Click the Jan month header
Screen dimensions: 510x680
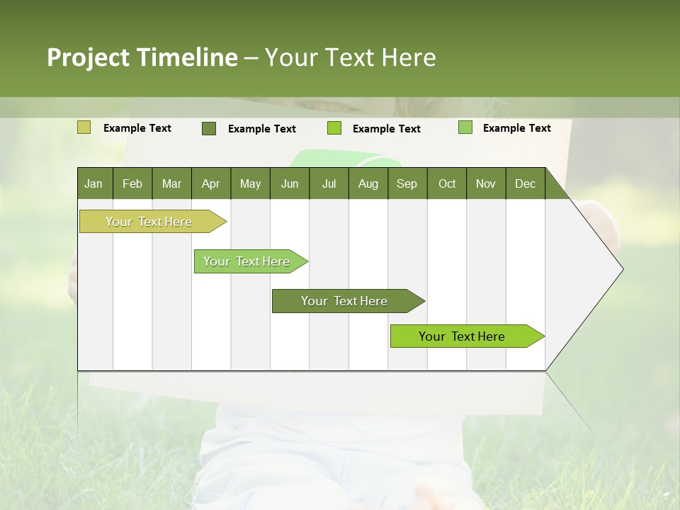pos(94,183)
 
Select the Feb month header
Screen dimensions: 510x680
pos(132,183)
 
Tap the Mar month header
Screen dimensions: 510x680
pos(171,183)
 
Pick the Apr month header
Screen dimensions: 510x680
pos(211,183)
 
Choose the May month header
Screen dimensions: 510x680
pos(250,183)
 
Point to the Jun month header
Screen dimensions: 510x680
pos(290,183)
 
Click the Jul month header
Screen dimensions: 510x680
pos(329,183)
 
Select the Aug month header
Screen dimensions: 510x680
pos(368,183)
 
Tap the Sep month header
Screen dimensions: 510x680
pos(407,183)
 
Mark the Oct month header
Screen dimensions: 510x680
pos(447,183)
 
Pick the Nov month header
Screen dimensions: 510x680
pos(486,183)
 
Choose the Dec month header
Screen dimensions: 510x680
pos(526,183)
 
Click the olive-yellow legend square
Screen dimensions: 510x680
pos(84,127)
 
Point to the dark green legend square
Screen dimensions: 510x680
pos(209,128)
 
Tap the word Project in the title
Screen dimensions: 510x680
pos(89,57)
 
